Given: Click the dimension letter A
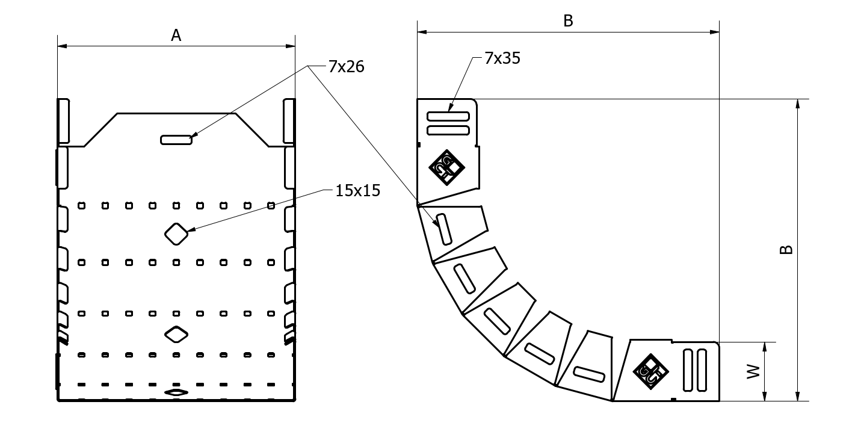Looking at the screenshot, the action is (176, 36).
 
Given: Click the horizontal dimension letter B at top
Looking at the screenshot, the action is (568, 20).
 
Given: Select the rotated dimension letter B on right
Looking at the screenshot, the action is (786, 249).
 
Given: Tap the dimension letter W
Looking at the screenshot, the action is (753, 372).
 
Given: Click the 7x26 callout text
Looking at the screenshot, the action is (346, 67).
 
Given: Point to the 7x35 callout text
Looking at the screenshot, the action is (502, 58).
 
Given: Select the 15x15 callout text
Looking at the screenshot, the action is (358, 190).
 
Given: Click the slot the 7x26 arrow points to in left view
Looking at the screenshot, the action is (176, 140).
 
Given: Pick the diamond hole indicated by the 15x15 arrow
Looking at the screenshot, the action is (176, 234).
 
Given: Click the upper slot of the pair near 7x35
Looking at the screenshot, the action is (448, 116).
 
